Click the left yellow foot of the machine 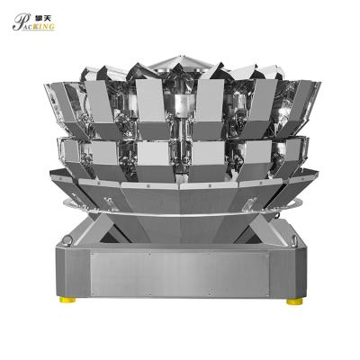(67, 300)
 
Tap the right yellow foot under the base (294, 301)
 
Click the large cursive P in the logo (19, 22)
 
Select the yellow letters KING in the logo (45, 26)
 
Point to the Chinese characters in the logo (46, 18)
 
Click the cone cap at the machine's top (181, 62)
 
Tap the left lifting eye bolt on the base (67, 240)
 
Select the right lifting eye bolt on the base (293, 240)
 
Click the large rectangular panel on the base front (179, 274)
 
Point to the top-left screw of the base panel (93, 256)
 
